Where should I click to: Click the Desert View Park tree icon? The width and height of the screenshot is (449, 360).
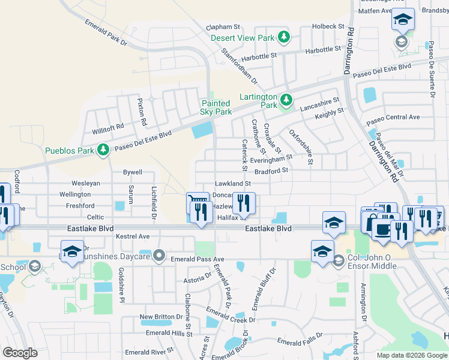coord(285,38)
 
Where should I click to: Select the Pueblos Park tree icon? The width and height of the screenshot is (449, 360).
coord(103,149)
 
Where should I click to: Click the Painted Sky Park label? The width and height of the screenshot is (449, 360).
coord(216,107)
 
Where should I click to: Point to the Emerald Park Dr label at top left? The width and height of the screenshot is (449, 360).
coord(106,32)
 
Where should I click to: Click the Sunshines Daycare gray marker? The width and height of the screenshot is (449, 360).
coord(159,256)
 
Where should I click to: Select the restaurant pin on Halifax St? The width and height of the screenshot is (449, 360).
coord(243,203)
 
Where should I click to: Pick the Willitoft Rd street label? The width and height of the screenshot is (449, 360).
coord(107,127)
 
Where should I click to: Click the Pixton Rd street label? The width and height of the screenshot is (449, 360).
coord(142,112)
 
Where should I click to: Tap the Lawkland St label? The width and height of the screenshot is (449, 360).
coord(232,184)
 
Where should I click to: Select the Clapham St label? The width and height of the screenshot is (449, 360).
coord(223,27)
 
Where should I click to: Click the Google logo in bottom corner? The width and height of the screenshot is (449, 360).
coord(20,352)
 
